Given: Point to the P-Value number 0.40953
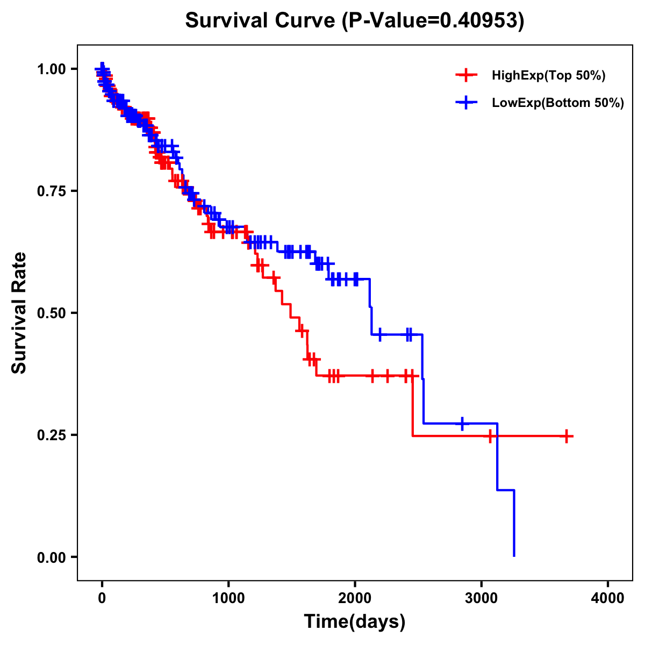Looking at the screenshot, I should (x=479, y=20).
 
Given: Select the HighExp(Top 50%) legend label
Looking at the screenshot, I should (x=549, y=76).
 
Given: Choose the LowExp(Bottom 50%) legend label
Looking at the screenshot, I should (x=558, y=103).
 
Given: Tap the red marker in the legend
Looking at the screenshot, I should (x=466, y=76).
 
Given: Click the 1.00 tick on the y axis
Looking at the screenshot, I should (x=51, y=69).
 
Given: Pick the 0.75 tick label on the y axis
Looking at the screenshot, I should (x=51, y=191).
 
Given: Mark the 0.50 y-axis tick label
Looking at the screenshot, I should (x=51, y=313).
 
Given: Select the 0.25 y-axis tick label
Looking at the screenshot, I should (x=51, y=435).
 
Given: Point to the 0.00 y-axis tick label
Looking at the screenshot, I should (x=51, y=557).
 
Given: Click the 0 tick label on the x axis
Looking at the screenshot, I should (x=102, y=598).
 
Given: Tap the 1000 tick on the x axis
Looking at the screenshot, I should (x=228, y=598).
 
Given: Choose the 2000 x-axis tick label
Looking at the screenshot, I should (x=355, y=598).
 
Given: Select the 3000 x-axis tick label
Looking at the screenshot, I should (x=482, y=598).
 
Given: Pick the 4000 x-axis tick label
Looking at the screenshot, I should (x=608, y=598).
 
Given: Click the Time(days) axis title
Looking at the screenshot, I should (x=355, y=622).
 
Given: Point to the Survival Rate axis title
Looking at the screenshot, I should (x=19, y=313).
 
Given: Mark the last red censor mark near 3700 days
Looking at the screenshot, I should (x=567, y=436).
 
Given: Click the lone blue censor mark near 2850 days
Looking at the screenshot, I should (x=462, y=424).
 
